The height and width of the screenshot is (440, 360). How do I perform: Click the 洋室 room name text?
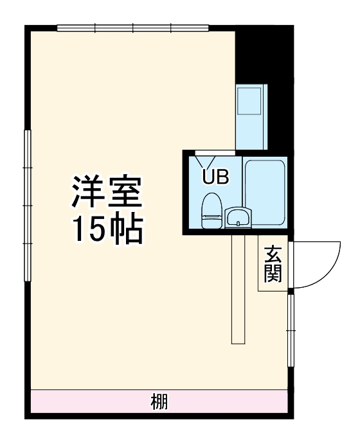(x=106, y=191)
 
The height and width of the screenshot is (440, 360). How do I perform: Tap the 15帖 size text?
(x=106, y=229)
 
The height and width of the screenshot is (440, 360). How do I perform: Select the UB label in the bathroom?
(x=215, y=177)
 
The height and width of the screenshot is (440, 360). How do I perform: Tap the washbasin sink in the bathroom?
(x=238, y=218)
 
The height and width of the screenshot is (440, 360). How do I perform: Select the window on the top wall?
(x=132, y=28)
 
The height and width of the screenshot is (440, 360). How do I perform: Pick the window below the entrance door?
(x=291, y=326)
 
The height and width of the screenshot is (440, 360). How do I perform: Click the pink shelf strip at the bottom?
(x=77, y=403)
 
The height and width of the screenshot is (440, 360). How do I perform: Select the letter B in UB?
(x=221, y=177)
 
